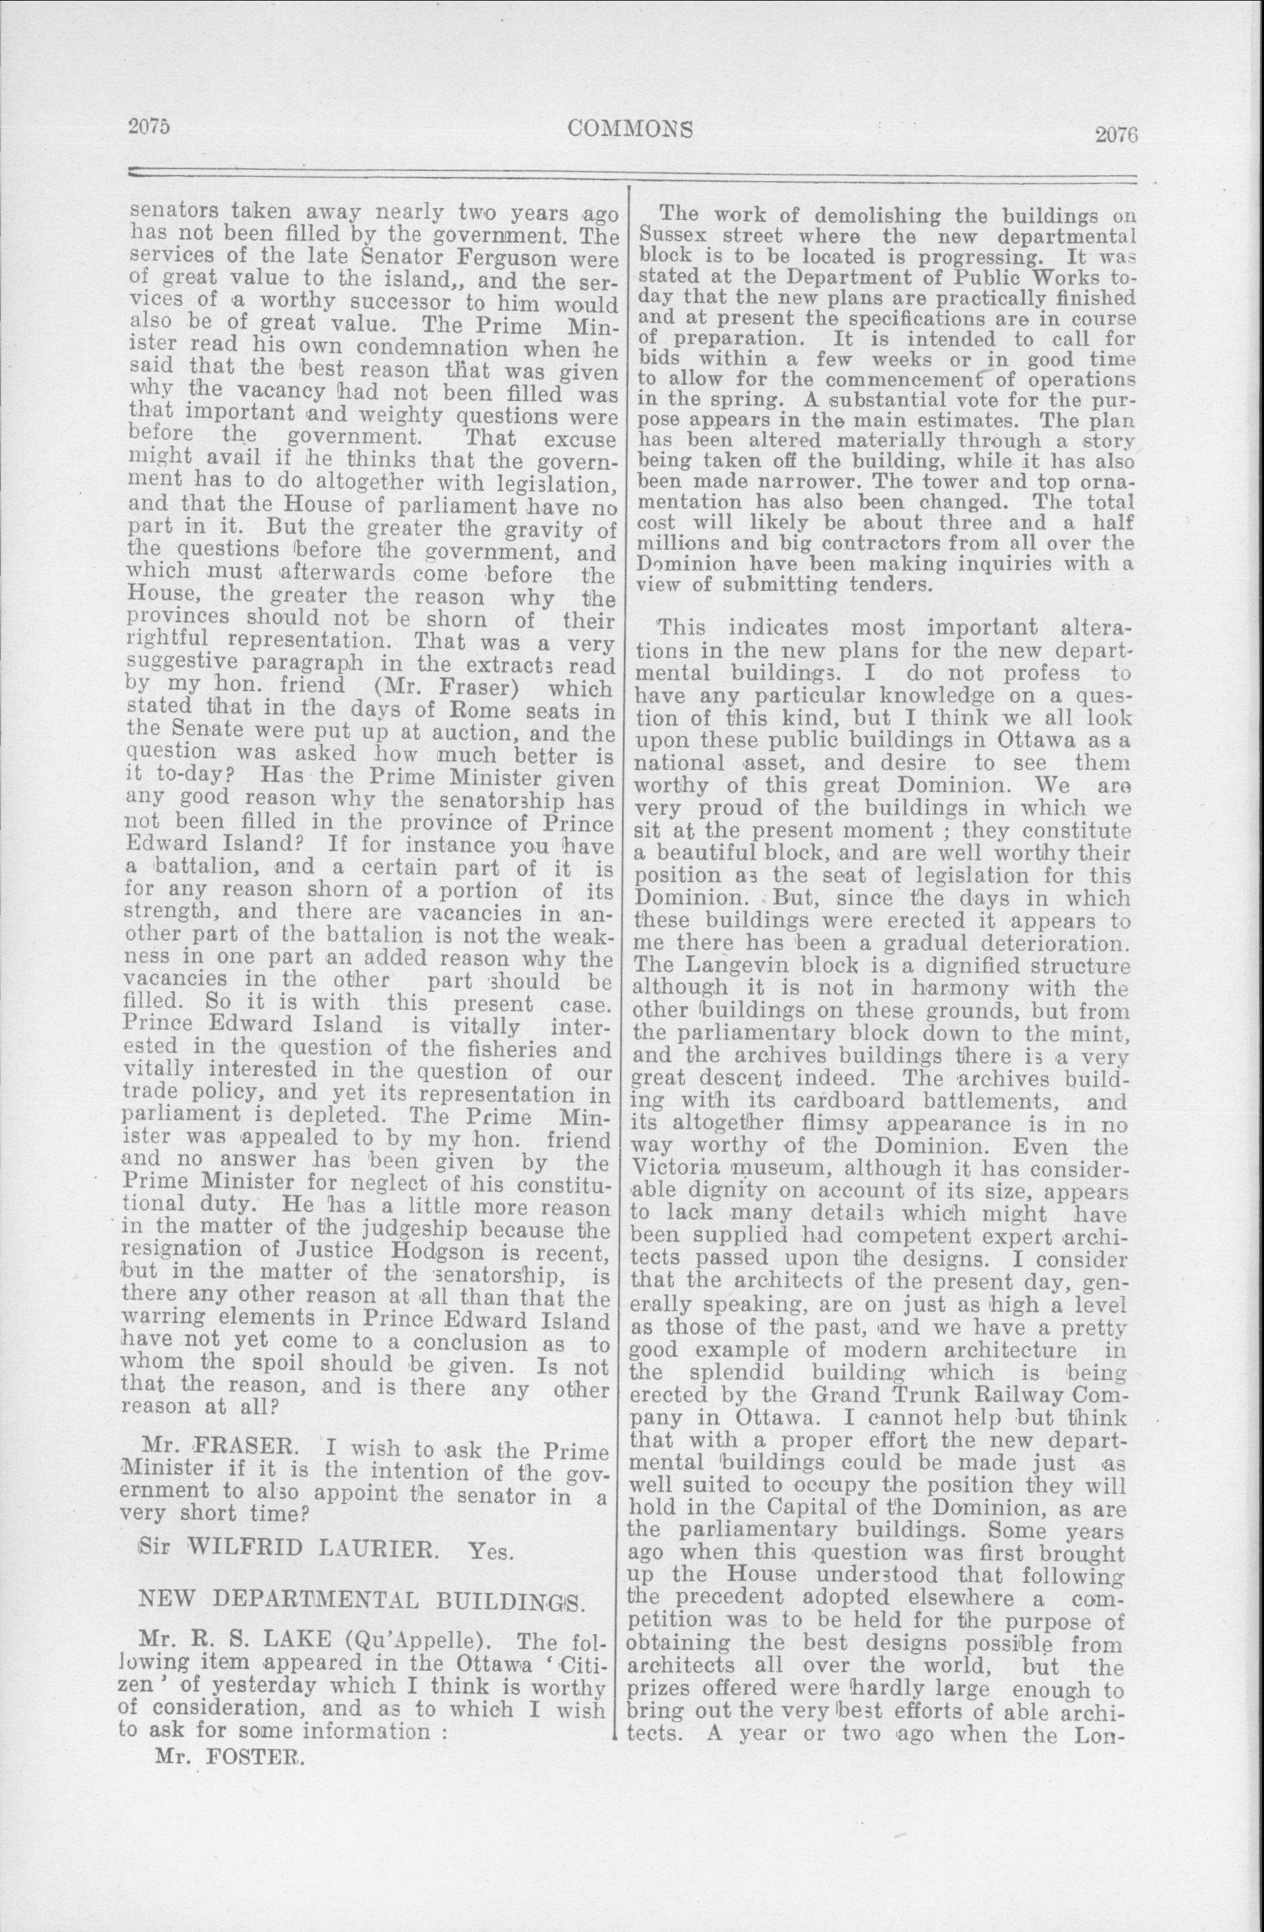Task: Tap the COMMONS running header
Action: pyautogui.click(x=631, y=129)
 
